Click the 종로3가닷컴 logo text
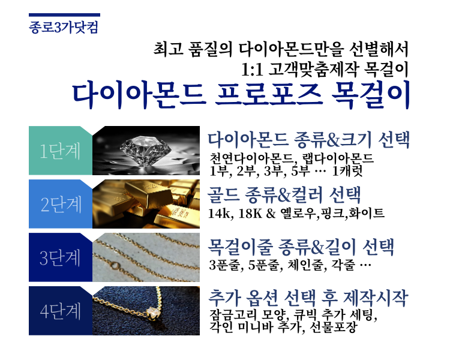click(x=64, y=28)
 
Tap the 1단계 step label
click(x=59, y=151)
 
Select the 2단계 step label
click(x=61, y=205)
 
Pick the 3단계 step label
click(x=59, y=257)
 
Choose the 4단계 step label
click(x=60, y=311)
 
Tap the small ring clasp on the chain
click(x=116, y=266)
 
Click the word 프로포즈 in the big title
click(x=268, y=94)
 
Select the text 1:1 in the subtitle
click(x=252, y=70)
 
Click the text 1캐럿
click(x=347, y=171)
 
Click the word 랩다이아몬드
click(x=338, y=158)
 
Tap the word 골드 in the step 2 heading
click(x=223, y=194)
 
